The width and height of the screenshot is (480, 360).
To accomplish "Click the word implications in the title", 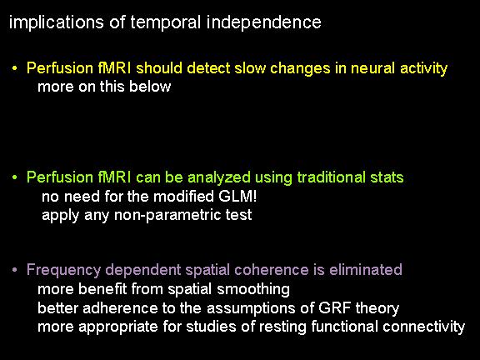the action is pos(57,23).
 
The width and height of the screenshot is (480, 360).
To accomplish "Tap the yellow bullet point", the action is pos(14,68).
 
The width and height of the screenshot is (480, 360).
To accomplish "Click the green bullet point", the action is pos(14,177).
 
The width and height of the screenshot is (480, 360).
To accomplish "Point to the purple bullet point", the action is pos(14,270).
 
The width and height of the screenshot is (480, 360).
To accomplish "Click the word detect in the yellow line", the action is pos(209,68).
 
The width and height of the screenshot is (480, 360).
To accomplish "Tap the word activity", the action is pos(423,69).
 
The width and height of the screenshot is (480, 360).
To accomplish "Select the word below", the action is pos(150,87).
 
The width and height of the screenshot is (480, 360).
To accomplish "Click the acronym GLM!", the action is pos(237,197).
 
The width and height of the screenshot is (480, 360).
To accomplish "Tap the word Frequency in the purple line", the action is pos(63,271).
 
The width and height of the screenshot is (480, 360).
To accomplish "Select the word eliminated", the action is pos(366,270).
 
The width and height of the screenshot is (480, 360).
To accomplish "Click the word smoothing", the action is pos(253,290).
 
